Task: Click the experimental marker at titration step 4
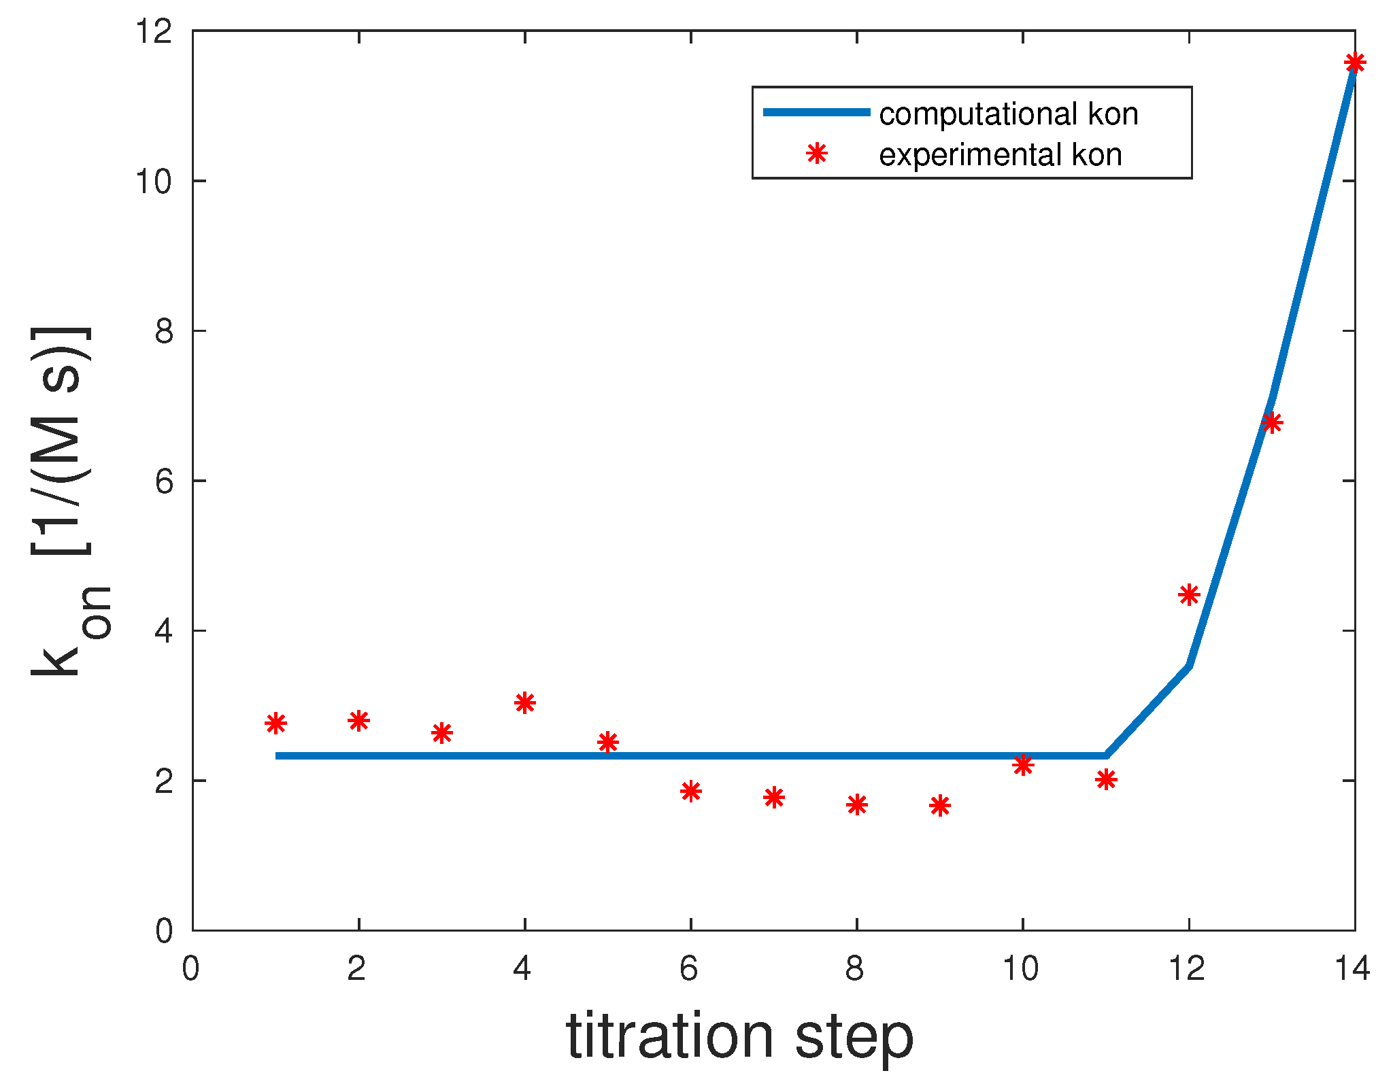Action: point(524,702)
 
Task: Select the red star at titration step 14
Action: point(1354,63)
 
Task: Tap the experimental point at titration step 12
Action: point(1188,595)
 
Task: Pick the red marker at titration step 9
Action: point(939,806)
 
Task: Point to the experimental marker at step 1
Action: point(275,724)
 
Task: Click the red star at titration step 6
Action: point(690,791)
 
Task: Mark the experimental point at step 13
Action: point(1271,423)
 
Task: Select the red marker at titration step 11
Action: point(1106,779)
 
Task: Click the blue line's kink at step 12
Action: point(1188,665)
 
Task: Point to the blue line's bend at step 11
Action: point(1106,755)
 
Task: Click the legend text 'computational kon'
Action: point(1008,114)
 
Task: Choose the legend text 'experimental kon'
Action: point(1000,155)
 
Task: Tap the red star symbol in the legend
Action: point(816,154)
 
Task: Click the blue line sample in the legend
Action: point(816,112)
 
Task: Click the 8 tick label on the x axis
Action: point(855,968)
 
